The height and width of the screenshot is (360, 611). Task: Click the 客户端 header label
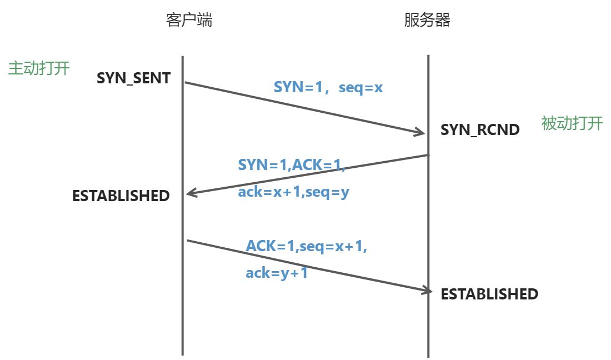[189, 21]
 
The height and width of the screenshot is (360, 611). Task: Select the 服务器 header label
[427, 21]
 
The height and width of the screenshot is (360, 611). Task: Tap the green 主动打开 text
[39, 68]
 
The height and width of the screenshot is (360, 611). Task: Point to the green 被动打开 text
[572, 123]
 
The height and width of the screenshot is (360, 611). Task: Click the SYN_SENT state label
[133, 78]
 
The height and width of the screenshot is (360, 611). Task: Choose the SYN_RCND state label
[480, 130]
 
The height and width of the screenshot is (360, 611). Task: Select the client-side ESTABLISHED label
[121, 196]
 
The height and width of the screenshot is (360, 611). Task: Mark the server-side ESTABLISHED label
[489, 294]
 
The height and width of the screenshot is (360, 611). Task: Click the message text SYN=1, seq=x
[328, 87]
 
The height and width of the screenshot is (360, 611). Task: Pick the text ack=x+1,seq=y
[293, 192]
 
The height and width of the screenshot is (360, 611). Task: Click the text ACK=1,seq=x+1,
[307, 246]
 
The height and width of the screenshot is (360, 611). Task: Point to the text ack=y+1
[277, 273]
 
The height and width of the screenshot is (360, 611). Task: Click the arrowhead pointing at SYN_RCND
[420, 132]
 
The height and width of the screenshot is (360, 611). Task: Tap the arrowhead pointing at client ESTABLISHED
[191, 193]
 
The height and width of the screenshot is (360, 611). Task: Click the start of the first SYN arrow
[186, 83]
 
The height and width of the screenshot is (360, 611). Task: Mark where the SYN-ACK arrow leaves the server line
[428, 155]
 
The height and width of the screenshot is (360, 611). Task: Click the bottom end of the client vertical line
[182, 354]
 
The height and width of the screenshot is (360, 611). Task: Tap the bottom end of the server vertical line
[428, 356]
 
